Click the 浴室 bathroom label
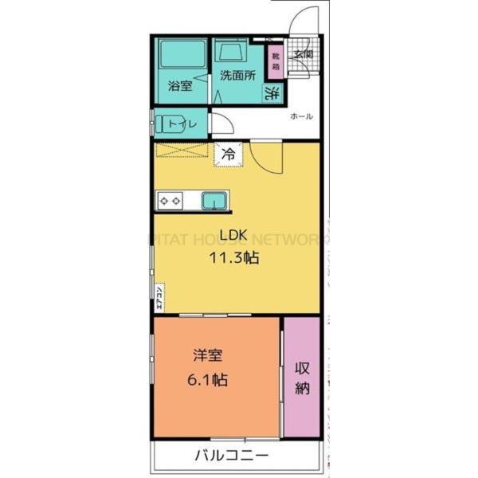[179, 86]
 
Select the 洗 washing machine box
[272, 92]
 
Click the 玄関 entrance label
[303, 56]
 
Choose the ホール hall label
[301, 117]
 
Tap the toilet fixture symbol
[168, 124]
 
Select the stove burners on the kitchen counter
[170, 201]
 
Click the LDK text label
[234, 236]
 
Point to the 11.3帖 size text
[235, 257]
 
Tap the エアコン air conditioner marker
[159, 296]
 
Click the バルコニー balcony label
[232, 456]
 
